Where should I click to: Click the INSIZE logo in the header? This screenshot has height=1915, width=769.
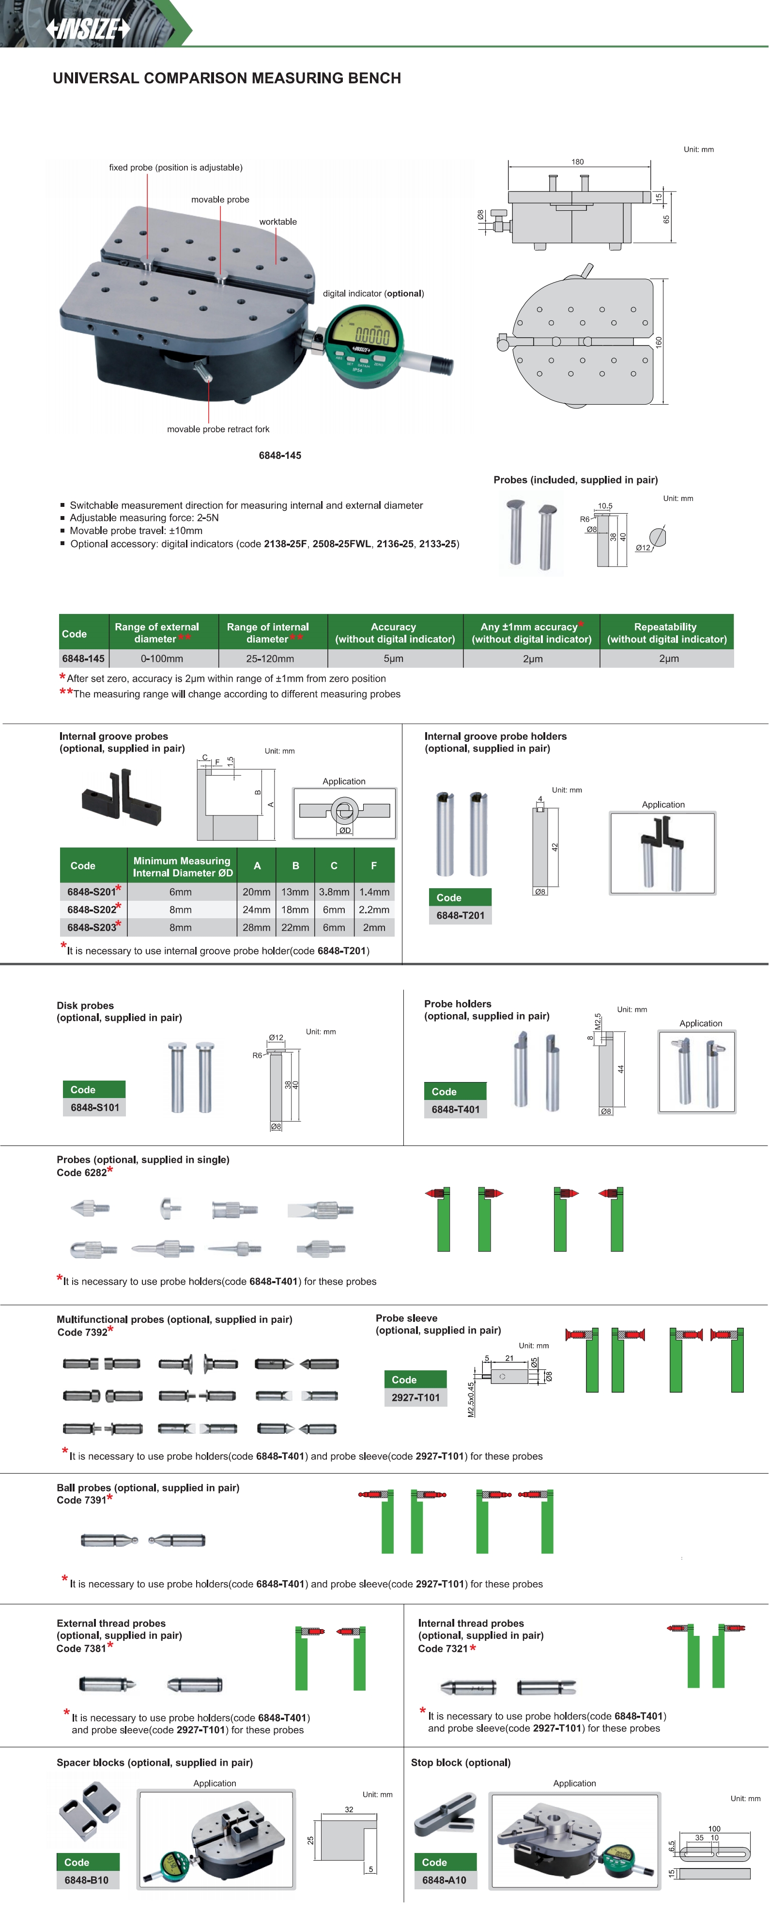click(88, 29)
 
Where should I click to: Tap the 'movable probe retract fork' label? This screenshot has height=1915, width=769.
click(218, 429)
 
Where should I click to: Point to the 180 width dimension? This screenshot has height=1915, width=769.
click(577, 161)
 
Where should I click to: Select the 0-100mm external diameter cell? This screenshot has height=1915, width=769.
click(162, 659)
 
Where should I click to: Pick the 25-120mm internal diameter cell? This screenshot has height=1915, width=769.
click(270, 659)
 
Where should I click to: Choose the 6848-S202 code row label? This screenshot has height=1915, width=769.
click(92, 909)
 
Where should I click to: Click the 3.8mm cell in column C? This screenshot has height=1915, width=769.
click(334, 891)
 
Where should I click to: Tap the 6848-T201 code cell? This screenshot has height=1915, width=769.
click(460, 915)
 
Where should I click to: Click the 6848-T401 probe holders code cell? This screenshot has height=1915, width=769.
click(456, 1109)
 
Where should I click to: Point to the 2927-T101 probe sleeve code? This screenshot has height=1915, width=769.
click(415, 1397)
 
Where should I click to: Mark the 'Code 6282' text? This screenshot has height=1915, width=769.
click(82, 1172)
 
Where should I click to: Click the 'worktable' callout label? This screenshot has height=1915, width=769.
click(278, 221)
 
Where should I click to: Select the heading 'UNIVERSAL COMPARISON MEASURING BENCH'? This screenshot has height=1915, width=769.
click(227, 78)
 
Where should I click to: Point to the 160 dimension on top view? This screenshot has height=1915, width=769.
click(658, 342)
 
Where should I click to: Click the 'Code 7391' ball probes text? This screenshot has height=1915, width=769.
click(82, 1500)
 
